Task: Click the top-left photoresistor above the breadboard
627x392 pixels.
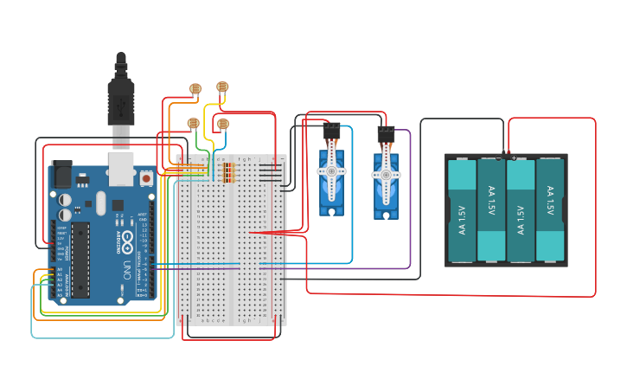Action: pyautogui.click(x=195, y=88)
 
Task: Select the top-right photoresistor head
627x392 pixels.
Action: pyautogui.click(x=222, y=87)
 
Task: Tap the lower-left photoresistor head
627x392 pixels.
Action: pyautogui.click(x=193, y=125)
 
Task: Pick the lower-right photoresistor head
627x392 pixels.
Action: pyautogui.click(x=222, y=125)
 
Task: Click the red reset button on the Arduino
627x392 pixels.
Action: pyautogui.click(x=147, y=178)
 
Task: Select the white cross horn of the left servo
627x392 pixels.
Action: pyautogui.click(x=330, y=172)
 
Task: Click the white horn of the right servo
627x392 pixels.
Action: pyautogui.click(x=385, y=175)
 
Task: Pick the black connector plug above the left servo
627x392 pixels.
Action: pyautogui.click(x=331, y=132)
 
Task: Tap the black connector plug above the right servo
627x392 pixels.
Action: pyautogui.click(x=385, y=135)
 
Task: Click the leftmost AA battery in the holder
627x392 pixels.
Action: pyautogui.click(x=462, y=210)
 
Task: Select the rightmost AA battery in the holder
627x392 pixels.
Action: pyautogui.click(x=550, y=210)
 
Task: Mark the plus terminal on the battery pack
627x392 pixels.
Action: pyautogui.click(x=514, y=157)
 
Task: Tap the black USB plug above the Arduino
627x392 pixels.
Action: pyautogui.click(x=120, y=95)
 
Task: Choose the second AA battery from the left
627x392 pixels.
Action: pyautogui.click(x=491, y=210)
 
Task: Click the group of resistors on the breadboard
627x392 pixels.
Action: pyautogui.click(x=228, y=173)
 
